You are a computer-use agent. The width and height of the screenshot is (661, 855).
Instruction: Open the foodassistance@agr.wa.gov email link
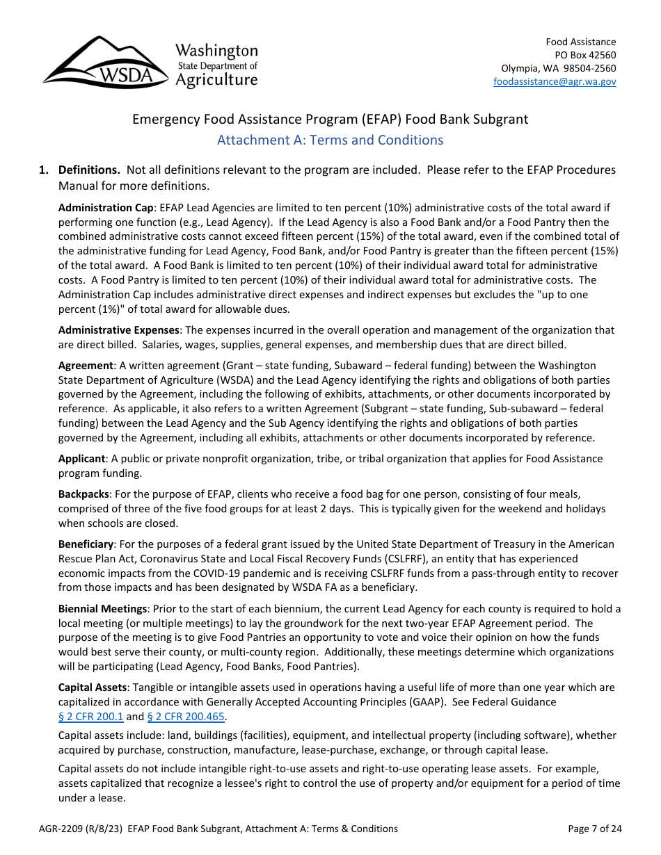point(555,81)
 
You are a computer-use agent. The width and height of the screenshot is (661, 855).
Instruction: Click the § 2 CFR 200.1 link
point(90,717)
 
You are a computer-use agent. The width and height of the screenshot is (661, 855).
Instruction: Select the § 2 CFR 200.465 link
point(186,717)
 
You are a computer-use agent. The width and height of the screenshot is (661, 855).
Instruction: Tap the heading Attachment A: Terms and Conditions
point(330,140)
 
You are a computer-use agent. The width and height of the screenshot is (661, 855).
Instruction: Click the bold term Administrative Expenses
point(119,330)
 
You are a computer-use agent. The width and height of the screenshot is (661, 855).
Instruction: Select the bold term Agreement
point(86,365)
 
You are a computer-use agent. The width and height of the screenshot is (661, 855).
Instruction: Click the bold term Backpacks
point(83,494)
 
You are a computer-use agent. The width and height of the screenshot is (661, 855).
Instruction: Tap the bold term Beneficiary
point(86,544)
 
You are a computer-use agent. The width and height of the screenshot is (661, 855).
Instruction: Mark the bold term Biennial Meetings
point(102,609)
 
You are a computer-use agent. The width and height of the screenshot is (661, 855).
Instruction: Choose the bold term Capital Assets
point(93,687)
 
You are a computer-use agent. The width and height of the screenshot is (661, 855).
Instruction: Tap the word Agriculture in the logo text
point(216,80)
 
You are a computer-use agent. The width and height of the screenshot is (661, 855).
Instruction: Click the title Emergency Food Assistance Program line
point(330,119)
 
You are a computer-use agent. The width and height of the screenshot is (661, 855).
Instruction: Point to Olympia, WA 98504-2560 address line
point(559,68)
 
